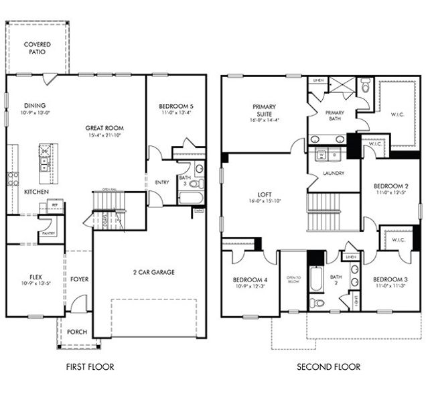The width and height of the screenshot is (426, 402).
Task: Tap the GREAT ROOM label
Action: [104, 127]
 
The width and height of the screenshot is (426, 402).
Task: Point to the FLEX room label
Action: [36, 275]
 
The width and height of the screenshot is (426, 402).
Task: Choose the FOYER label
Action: [79, 279]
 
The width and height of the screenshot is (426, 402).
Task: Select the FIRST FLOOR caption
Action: [90, 366]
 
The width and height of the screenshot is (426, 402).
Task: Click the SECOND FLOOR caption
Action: [329, 366]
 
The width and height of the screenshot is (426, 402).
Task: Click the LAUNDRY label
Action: [333, 173]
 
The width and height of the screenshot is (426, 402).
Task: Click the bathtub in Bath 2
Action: [316, 277]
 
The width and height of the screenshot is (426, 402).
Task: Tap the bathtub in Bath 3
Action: [190, 198]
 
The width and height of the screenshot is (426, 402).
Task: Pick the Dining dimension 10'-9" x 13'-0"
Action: [33, 113]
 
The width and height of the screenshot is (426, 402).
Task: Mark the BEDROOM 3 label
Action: [390, 279]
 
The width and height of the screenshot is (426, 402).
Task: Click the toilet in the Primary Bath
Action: [365, 86]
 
